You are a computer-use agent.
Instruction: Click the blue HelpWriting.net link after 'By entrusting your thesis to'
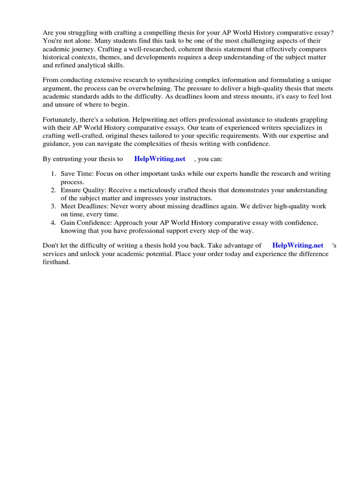click(159, 159)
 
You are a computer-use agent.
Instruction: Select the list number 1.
click(53, 174)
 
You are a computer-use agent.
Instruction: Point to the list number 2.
click(53, 190)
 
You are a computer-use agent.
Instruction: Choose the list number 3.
click(53, 206)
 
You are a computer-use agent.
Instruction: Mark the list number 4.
click(53, 222)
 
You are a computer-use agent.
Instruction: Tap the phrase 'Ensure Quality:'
click(84, 190)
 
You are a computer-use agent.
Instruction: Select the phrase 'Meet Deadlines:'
click(85, 206)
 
